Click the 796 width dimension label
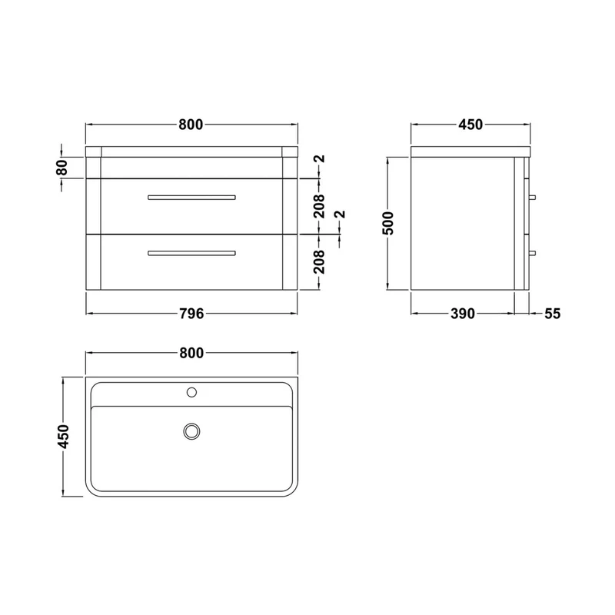191,314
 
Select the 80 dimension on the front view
62,168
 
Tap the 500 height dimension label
388,223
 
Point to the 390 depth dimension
463,314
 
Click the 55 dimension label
552,314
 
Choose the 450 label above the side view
470,125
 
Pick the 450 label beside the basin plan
63,436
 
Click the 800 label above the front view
191,125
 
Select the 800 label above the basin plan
191,354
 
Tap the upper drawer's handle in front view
191,198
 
